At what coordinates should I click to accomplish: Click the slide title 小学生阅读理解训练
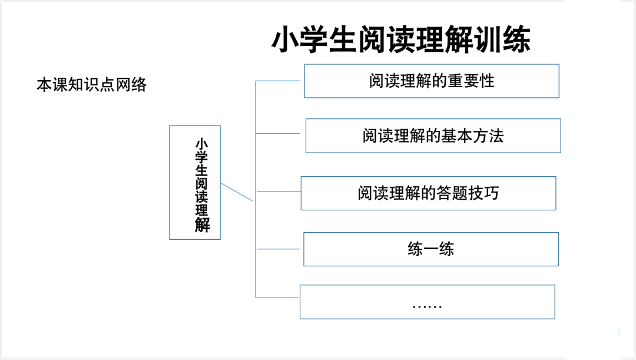tap(401, 39)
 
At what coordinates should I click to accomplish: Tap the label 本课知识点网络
tap(92, 85)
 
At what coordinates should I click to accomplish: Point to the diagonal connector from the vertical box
tap(237, 192)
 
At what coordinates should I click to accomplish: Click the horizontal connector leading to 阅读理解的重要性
tap(277, 81)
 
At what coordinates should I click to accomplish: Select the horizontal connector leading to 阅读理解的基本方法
tap(277, 133)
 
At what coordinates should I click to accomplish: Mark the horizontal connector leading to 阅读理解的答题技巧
tap(279, 191)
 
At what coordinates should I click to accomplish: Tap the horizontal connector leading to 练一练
tap(278, 249)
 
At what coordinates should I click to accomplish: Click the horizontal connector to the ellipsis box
tap(277, 298)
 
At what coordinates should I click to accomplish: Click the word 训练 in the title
tap(502, 39)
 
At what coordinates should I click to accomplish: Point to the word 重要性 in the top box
tap(471, 81)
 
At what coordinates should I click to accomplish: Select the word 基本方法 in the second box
tap(472, 136)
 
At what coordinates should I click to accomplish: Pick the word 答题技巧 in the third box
tap(468, 193)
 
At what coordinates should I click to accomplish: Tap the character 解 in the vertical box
tap(202, 225)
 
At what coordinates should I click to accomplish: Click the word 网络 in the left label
tap(131, 85)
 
